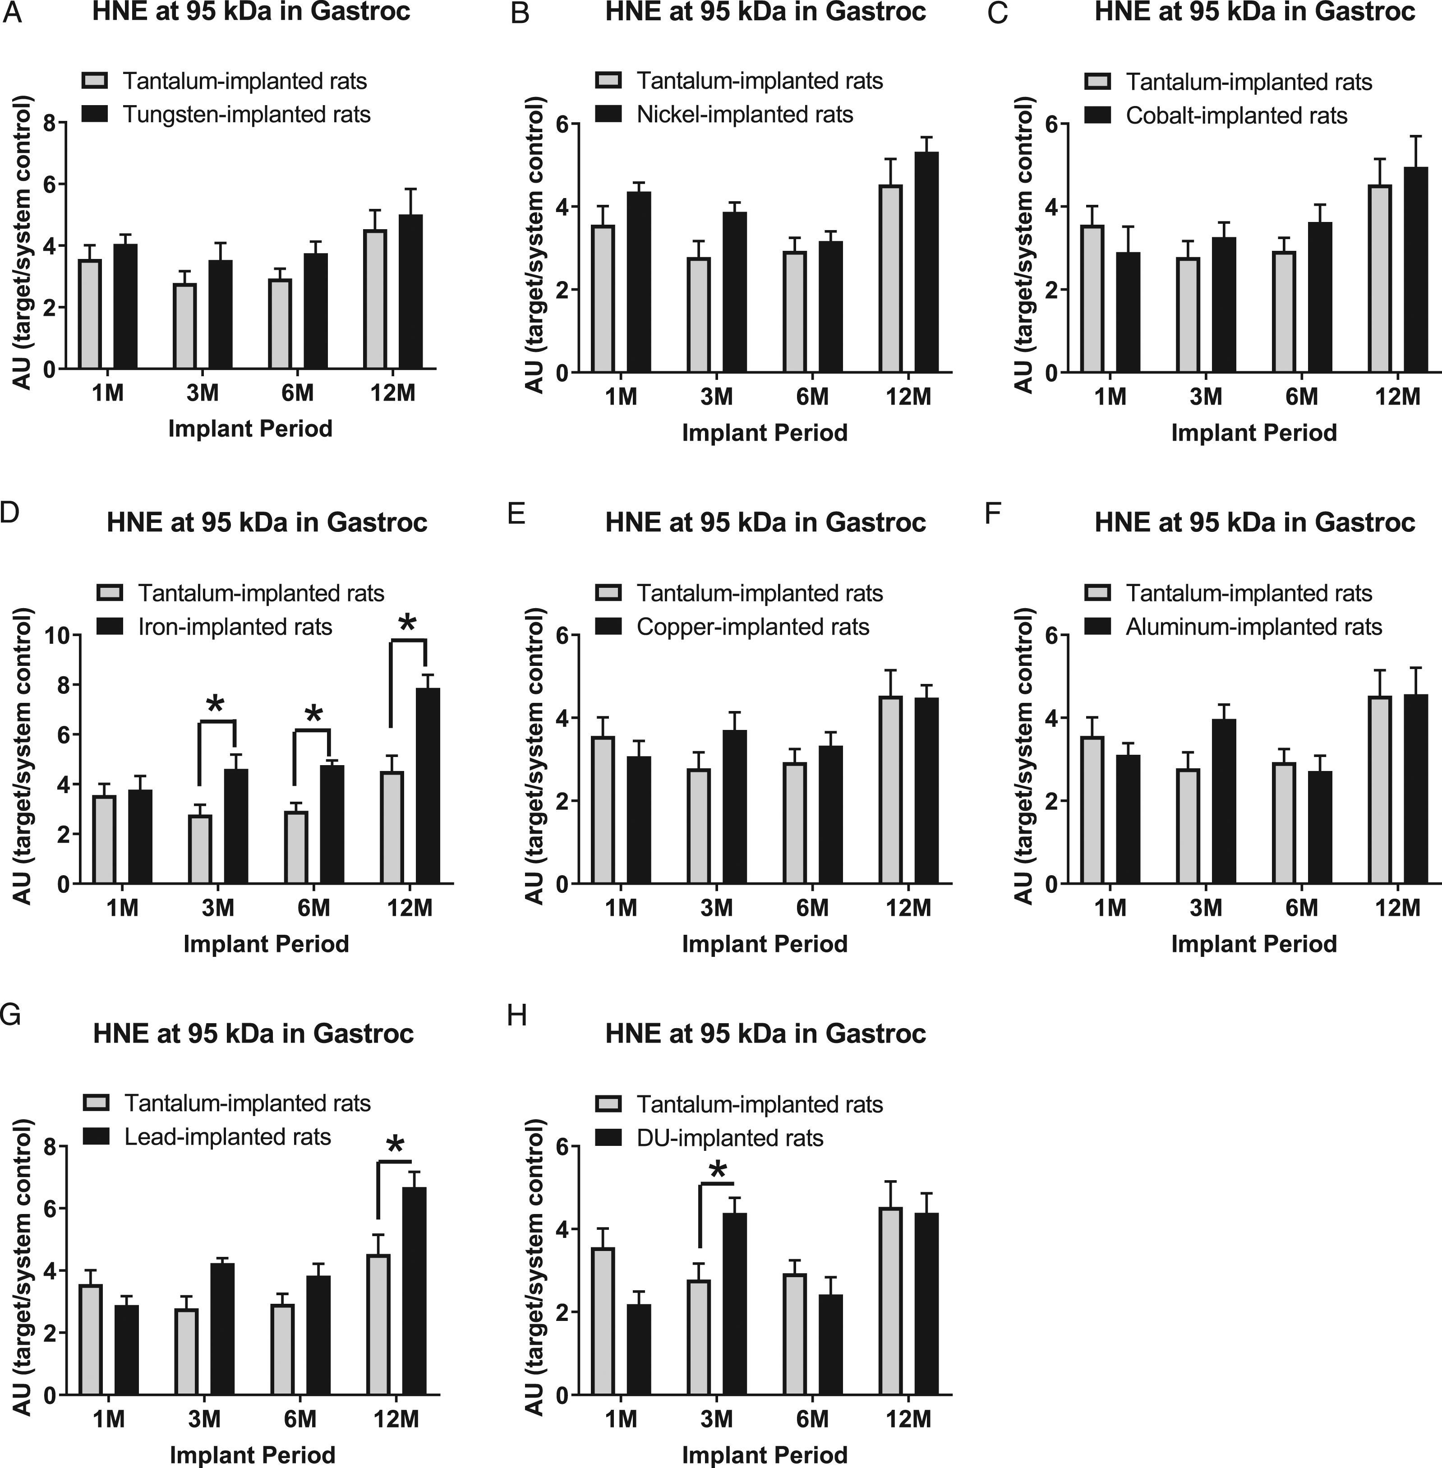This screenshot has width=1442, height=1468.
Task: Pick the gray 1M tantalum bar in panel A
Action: coord(90,314)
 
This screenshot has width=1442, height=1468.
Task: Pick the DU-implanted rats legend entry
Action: coord(709,1138)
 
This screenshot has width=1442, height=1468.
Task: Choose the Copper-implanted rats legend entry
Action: coord(733,627)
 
